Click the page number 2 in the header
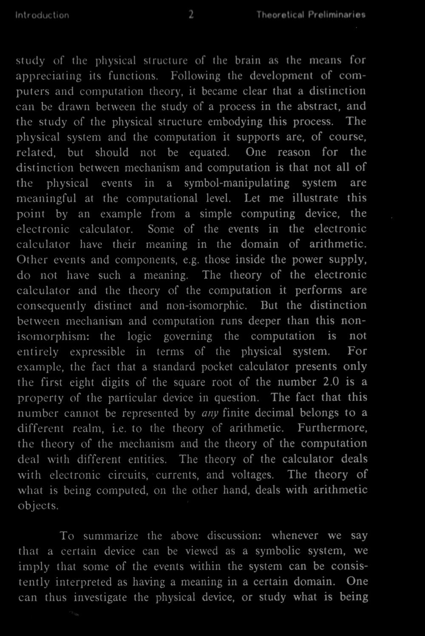[x=191, y=15]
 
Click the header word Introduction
[x=42, y=15]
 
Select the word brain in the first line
[x=248, y=60]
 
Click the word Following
[x=195, y=76]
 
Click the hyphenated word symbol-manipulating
[x=237, y=183]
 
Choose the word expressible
[x=97, y=352]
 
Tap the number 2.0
[x=331, y=382]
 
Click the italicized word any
[x=210, y=413]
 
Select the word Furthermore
[x=332, y=428]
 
